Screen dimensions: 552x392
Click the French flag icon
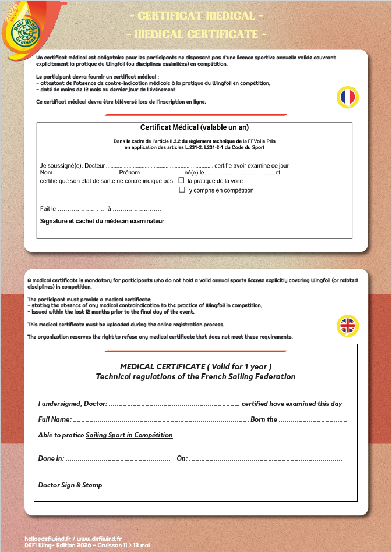(x=348, y=97)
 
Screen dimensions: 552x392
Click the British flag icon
(x=348, y=325)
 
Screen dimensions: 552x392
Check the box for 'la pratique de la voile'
(x=181, y=180)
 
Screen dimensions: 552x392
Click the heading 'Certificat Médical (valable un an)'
(x=195, y=127)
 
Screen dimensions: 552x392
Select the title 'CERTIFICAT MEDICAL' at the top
(x=196, y=16)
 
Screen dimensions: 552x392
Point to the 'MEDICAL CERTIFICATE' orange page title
(x=196, y=34)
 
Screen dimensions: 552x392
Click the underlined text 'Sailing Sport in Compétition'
(x=129, y=435)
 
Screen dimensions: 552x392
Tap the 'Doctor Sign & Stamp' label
(x=70, y=485)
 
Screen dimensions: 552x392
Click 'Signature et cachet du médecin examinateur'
(x=102, y=221)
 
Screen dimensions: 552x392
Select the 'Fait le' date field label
(x=48, y=208)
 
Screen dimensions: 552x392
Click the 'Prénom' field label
(x=129, y=173)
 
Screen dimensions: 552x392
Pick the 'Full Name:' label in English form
(x=55, y=419)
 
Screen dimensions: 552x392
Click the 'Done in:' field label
(x=51, y=458)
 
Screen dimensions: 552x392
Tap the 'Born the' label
(x=263, y=419)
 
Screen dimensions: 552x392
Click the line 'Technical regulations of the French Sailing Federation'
(x=195, y=376)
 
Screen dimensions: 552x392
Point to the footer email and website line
(x=73, y=539)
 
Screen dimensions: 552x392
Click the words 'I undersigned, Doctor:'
(x=72, y=404)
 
